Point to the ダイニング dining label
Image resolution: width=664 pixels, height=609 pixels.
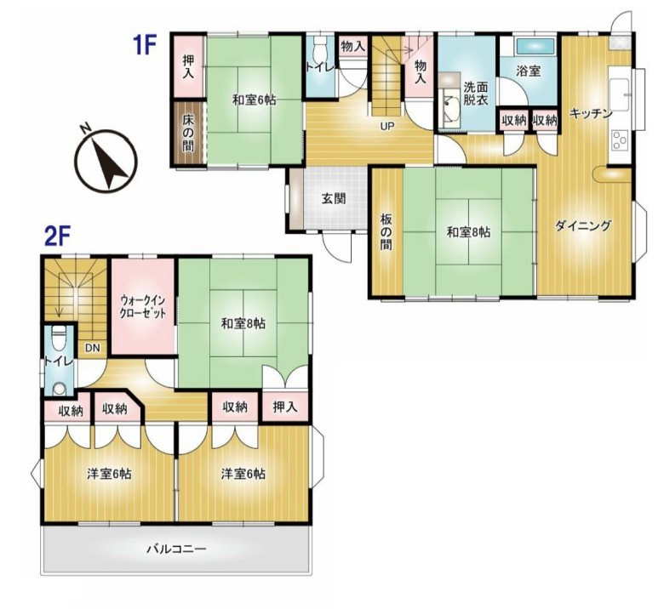(x=583, y=225)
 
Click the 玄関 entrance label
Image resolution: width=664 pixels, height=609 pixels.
(x=333, y=200)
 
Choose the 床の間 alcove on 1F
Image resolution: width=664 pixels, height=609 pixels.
(x=187, y=134)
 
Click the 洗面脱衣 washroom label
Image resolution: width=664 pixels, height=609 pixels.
(x=475, y=93)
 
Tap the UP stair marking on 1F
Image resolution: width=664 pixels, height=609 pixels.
(x=386, y=126)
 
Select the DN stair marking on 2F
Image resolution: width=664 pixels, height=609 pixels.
(x=89, y=347)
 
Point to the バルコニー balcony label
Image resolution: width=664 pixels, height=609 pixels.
(x=177, y=549)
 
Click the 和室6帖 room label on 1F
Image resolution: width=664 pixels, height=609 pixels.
(x=254, y=100)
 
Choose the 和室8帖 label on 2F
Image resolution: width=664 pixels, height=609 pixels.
(x=243, y=324)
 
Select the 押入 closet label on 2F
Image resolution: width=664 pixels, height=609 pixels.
(x=284, y=407)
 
